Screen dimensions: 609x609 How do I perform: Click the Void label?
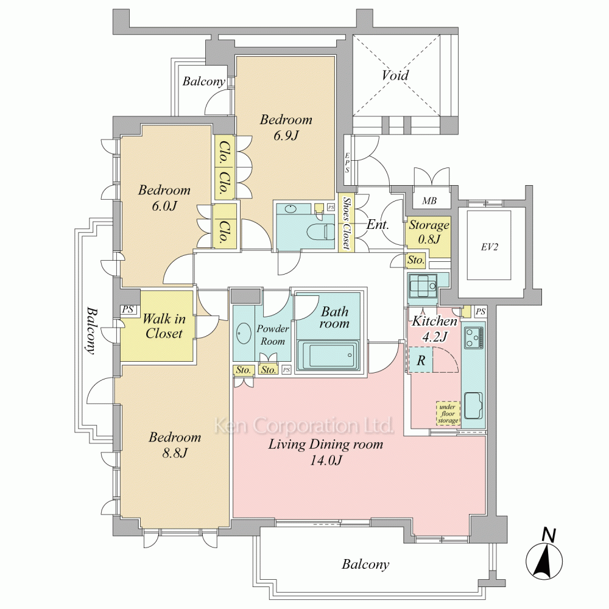tap(395, 75)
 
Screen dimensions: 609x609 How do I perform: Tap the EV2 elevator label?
tap(489, 247)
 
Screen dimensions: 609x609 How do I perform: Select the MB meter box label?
tap(429, 201)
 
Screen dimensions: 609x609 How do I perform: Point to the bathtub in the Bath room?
tap(328, 355)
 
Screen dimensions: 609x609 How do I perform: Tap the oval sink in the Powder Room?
tap(244, 333)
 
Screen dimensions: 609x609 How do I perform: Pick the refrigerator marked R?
tap(421, 361)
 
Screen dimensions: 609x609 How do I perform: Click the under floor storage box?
tap(448, 414)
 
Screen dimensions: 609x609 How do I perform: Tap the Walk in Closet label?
tap(164, 326)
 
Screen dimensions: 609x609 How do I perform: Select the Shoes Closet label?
tap(346, 223)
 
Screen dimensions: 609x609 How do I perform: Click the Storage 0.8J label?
tap(429, 231)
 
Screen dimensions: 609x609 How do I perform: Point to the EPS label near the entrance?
tap(347, 163)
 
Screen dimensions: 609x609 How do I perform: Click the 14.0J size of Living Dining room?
tap(325, 460)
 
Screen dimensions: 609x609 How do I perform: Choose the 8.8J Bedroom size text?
tap(175, 453)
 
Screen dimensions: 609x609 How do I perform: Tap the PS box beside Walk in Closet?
tap(128, 309)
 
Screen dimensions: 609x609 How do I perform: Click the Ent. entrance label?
tap(378, 224)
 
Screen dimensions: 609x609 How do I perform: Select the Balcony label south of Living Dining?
tap(365, 564)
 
